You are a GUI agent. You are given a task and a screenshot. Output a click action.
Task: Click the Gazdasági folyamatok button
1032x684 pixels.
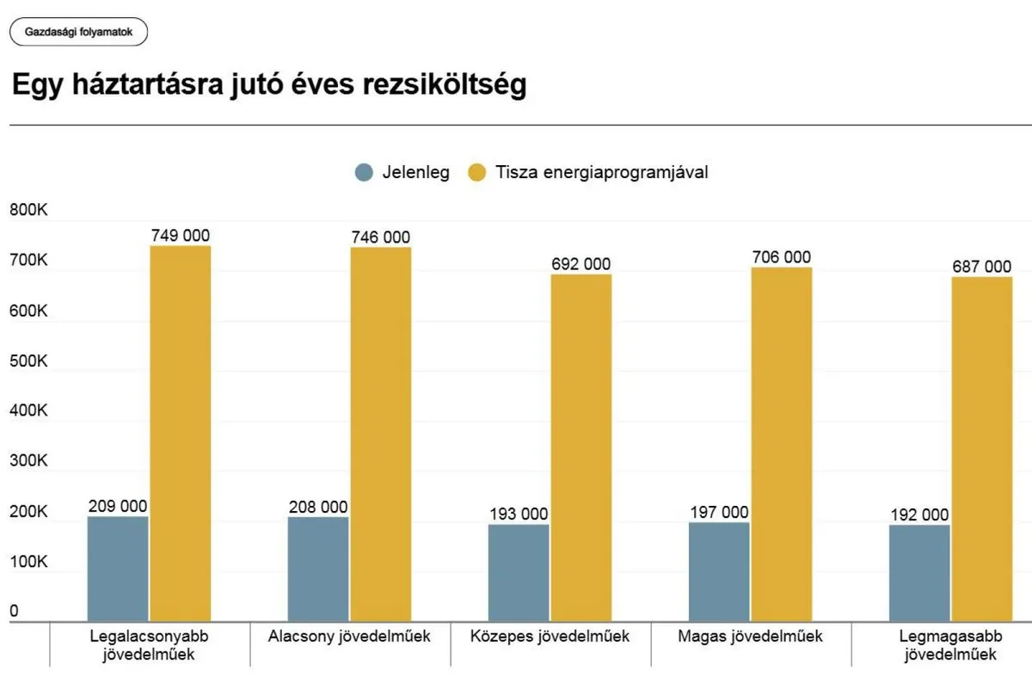(78, 32)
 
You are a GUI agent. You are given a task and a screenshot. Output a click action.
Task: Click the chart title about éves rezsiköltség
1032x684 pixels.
(268, 86)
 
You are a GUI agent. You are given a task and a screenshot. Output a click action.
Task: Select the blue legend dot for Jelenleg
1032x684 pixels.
(365, 172)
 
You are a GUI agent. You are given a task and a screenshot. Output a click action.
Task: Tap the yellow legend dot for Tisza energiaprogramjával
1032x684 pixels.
(477, 172)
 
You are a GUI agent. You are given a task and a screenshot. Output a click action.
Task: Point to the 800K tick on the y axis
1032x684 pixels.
(28, 211)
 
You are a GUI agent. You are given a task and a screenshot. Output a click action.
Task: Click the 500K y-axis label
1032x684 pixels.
(28, 361)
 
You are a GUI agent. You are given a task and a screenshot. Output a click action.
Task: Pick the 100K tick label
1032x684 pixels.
(28, 562)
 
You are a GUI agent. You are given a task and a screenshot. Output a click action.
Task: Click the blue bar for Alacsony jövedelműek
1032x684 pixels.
(318, 569)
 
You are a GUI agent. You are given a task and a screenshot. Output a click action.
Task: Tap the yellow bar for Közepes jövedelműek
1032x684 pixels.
(581, 447)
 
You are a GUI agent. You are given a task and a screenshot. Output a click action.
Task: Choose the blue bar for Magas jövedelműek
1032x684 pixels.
(719, 571)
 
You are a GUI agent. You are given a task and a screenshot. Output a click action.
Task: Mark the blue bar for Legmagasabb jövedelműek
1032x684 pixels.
(919, 573)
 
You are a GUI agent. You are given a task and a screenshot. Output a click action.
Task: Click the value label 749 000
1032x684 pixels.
(181, 236)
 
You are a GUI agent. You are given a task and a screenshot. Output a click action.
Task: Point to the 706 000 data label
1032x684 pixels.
(782, 257)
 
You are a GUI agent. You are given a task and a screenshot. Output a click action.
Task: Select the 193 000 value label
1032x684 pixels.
(519, 515)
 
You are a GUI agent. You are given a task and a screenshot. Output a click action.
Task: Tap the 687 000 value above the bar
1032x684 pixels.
(982, 267)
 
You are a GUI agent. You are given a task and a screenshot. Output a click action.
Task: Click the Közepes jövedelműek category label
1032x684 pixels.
(550, 637)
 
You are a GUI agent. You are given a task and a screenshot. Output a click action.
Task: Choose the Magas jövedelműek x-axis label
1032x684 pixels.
(751, 637)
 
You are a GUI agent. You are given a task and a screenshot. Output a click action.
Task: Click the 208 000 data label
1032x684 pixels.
(318, 507)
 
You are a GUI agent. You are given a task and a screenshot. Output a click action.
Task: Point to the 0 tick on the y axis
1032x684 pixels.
(14, 612)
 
